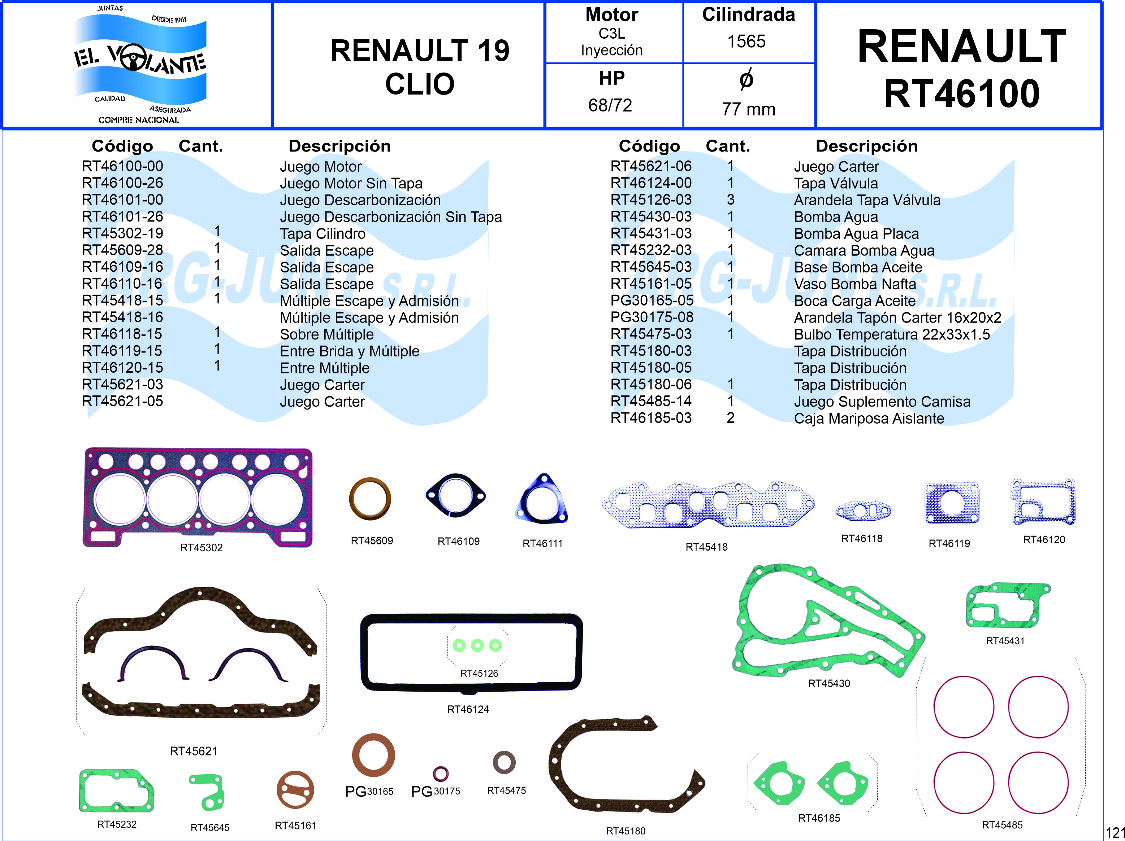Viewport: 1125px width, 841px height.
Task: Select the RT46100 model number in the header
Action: (961, 94)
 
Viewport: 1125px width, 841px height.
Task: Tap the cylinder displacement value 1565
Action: (746, 41)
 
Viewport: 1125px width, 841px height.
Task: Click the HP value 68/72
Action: (610, 105)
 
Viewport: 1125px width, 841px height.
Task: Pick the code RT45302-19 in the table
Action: (122, 233)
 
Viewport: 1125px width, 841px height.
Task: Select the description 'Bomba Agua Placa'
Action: (856, 234)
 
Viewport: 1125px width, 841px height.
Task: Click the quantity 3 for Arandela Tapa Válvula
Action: (730, 200)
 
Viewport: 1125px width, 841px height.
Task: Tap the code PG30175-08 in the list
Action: (652, 317)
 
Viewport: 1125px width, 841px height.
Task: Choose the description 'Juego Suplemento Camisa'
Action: (882, 402)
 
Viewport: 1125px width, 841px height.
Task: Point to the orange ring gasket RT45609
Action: (370, 499)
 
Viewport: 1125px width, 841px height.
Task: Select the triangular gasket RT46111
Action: (542, 500)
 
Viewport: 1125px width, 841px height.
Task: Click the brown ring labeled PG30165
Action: (373, 755)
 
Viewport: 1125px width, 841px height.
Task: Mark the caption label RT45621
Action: (194, 751)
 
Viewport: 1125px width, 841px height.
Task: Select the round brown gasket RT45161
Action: (295, 790)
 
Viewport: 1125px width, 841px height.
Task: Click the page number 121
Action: (1115, 833)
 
